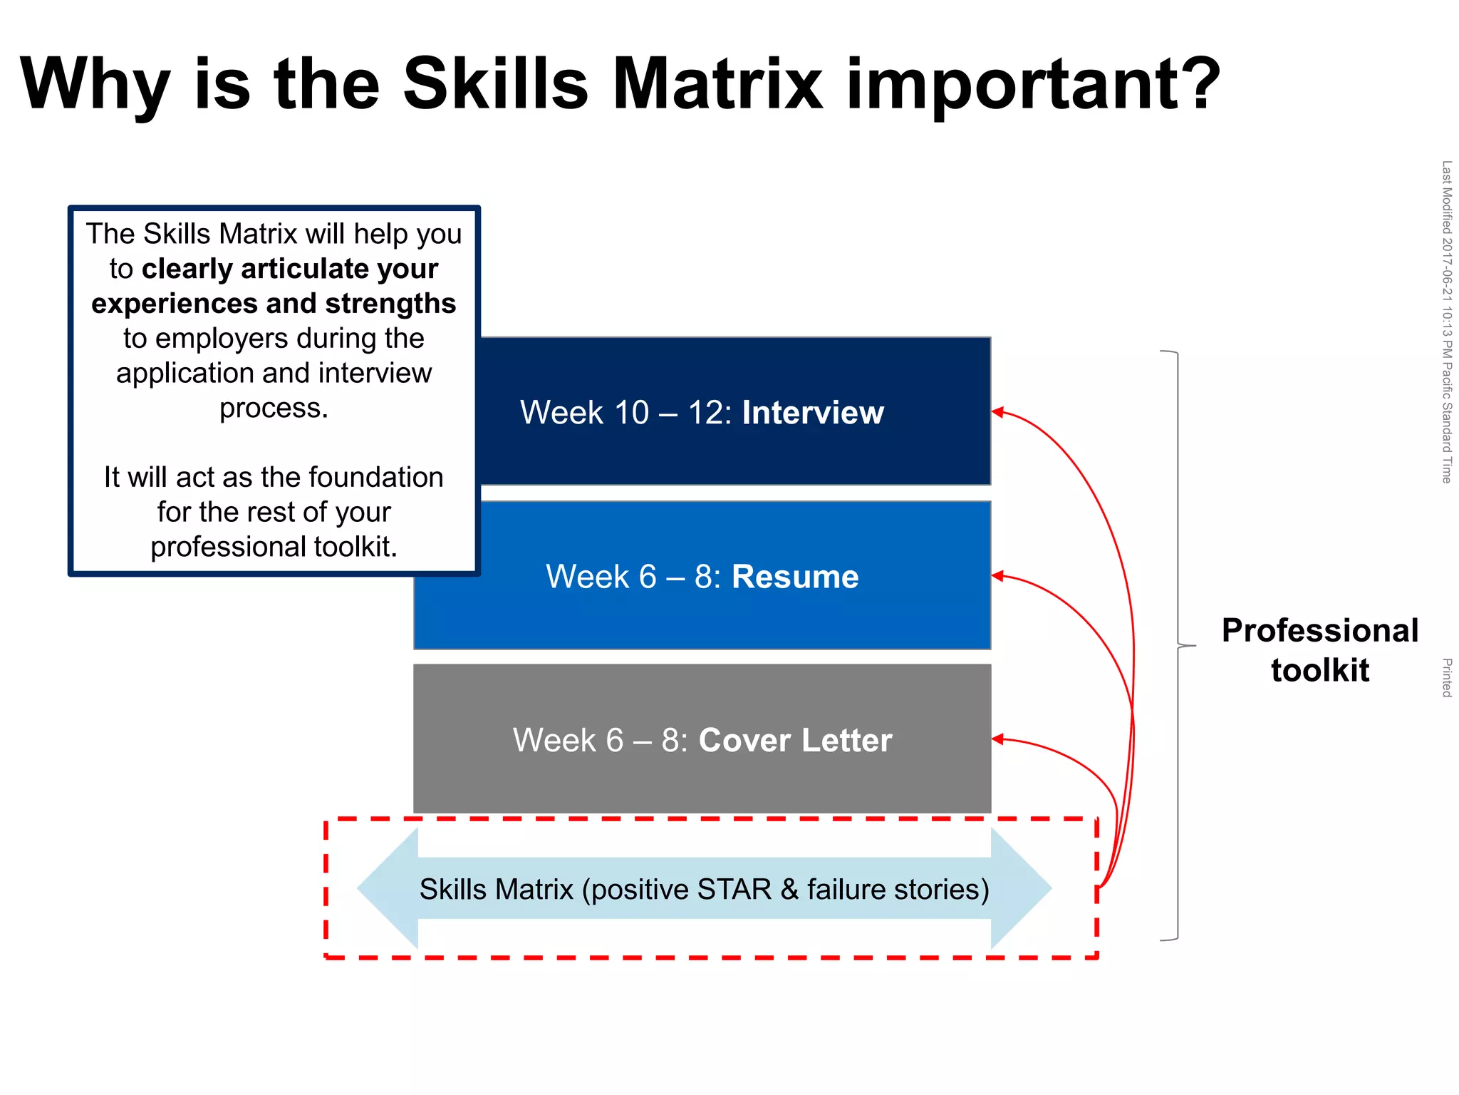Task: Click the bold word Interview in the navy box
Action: point(813,413)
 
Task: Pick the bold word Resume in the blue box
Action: point(795,577)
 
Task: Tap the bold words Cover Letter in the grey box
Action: point(795,740)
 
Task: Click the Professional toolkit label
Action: point(1319,649)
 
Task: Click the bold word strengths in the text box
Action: point(390,304)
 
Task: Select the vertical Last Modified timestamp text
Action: point(1446,322)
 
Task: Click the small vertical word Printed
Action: point(1446,677)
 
